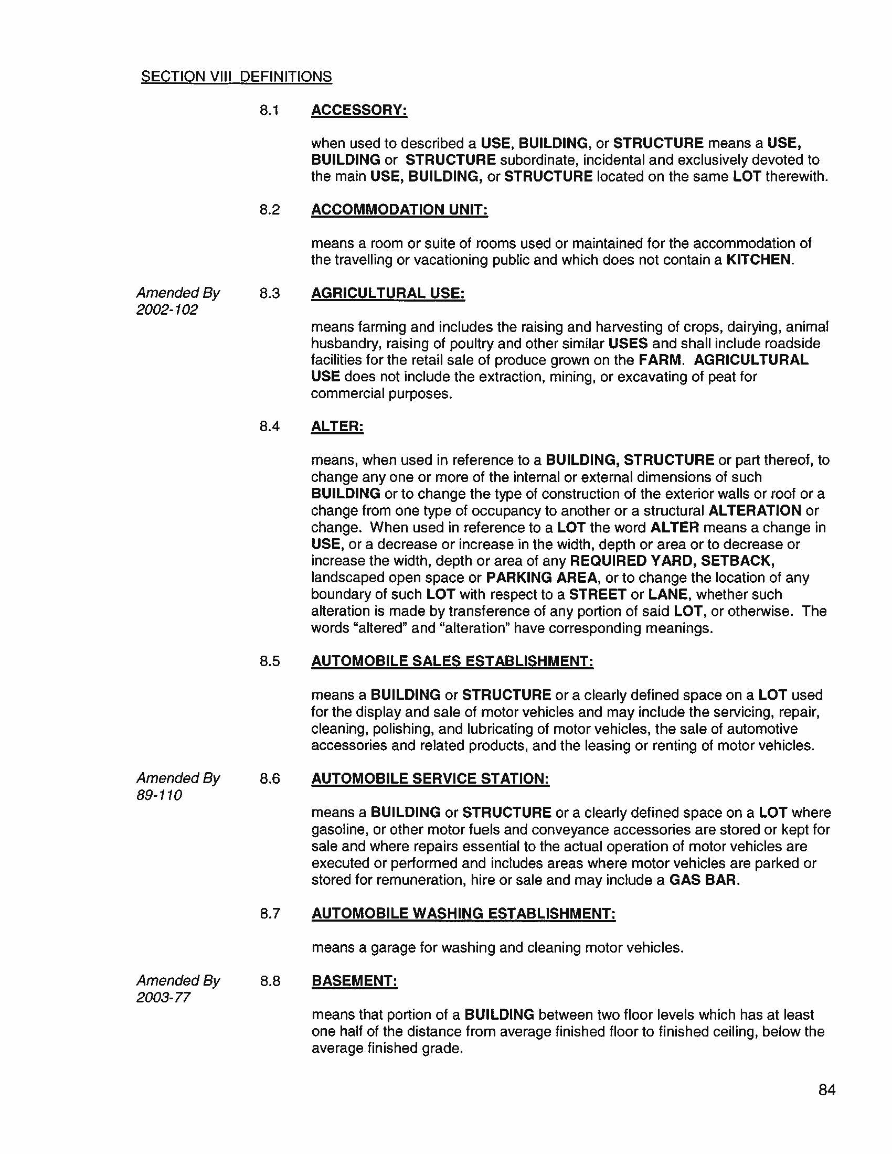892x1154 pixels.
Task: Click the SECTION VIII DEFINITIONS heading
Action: pos(236,77)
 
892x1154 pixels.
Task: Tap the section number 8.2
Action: pos(269,210)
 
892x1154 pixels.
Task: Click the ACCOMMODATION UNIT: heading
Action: pos(399,210)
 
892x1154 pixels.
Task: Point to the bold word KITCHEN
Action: pos(759,260)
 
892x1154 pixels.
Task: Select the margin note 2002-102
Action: pos(166,309)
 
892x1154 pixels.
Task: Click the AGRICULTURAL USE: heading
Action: pos(388,293)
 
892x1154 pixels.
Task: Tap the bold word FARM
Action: pos(661,360)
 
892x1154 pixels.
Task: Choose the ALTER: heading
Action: pos(337,426)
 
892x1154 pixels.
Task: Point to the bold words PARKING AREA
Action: pos(541,578)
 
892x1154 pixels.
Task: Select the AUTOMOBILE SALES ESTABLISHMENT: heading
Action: pos(452,661)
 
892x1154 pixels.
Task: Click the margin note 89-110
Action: pos(159,795)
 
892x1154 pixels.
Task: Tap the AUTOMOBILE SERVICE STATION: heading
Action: pos(430,779)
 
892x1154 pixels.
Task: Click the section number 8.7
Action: pos(269,914)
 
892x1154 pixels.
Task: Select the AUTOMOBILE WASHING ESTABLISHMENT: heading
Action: pos(463,914)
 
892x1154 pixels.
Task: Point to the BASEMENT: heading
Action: pos(354,981)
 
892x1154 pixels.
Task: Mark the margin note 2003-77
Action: pos(163,998)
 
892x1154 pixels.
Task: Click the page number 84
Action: pos(826,1090)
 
